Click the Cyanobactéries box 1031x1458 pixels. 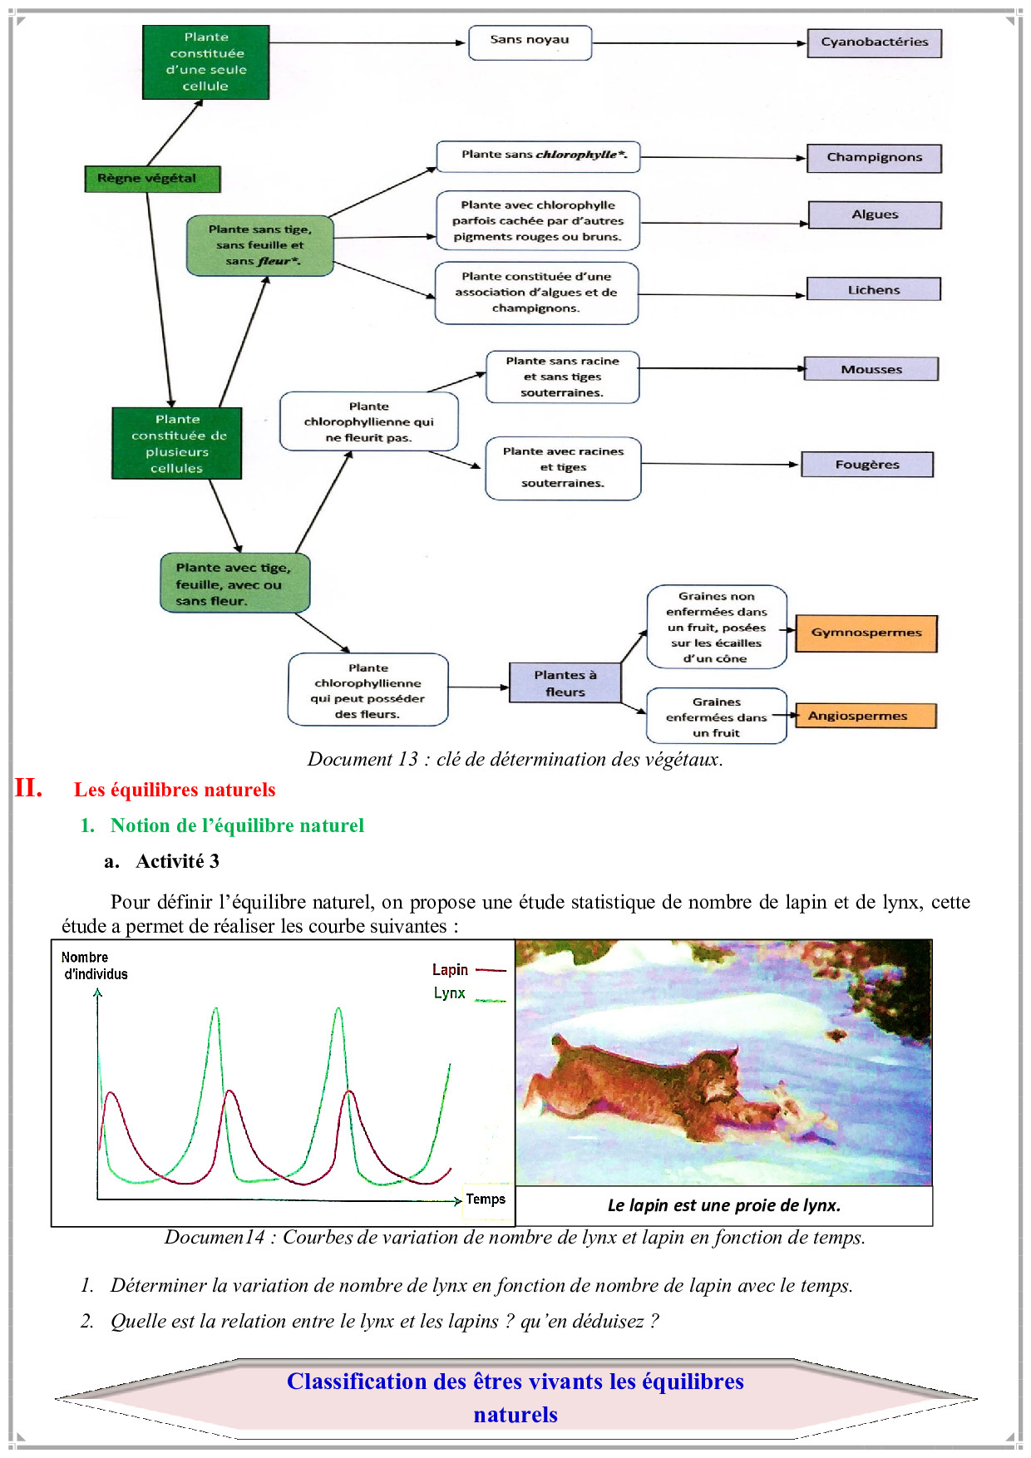click(x=874, y=42)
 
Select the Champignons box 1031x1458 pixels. click(x=874, y=158)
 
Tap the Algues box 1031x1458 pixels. click(x=875, y=214)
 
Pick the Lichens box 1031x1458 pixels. click(x=874, y=289)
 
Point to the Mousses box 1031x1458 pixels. click(x=871, y=369)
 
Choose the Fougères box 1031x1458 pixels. click(x=867, y=465)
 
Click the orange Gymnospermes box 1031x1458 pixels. click(x=866, y=633)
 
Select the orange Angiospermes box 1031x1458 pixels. click(x=866, y=716)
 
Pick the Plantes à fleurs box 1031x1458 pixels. click(x=565, y=682)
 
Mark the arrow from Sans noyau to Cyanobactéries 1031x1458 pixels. click(x=698, y=43)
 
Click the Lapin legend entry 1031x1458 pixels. click(x=451, y=970)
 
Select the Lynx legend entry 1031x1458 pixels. click(x=450, y=993)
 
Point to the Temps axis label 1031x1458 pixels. click(x=486, y=1199)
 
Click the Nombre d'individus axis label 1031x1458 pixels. click(x=94, y=966)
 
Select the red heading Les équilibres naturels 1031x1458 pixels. click(x=175, y=790)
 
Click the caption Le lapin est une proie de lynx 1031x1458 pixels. click(x=723, y=1205)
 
